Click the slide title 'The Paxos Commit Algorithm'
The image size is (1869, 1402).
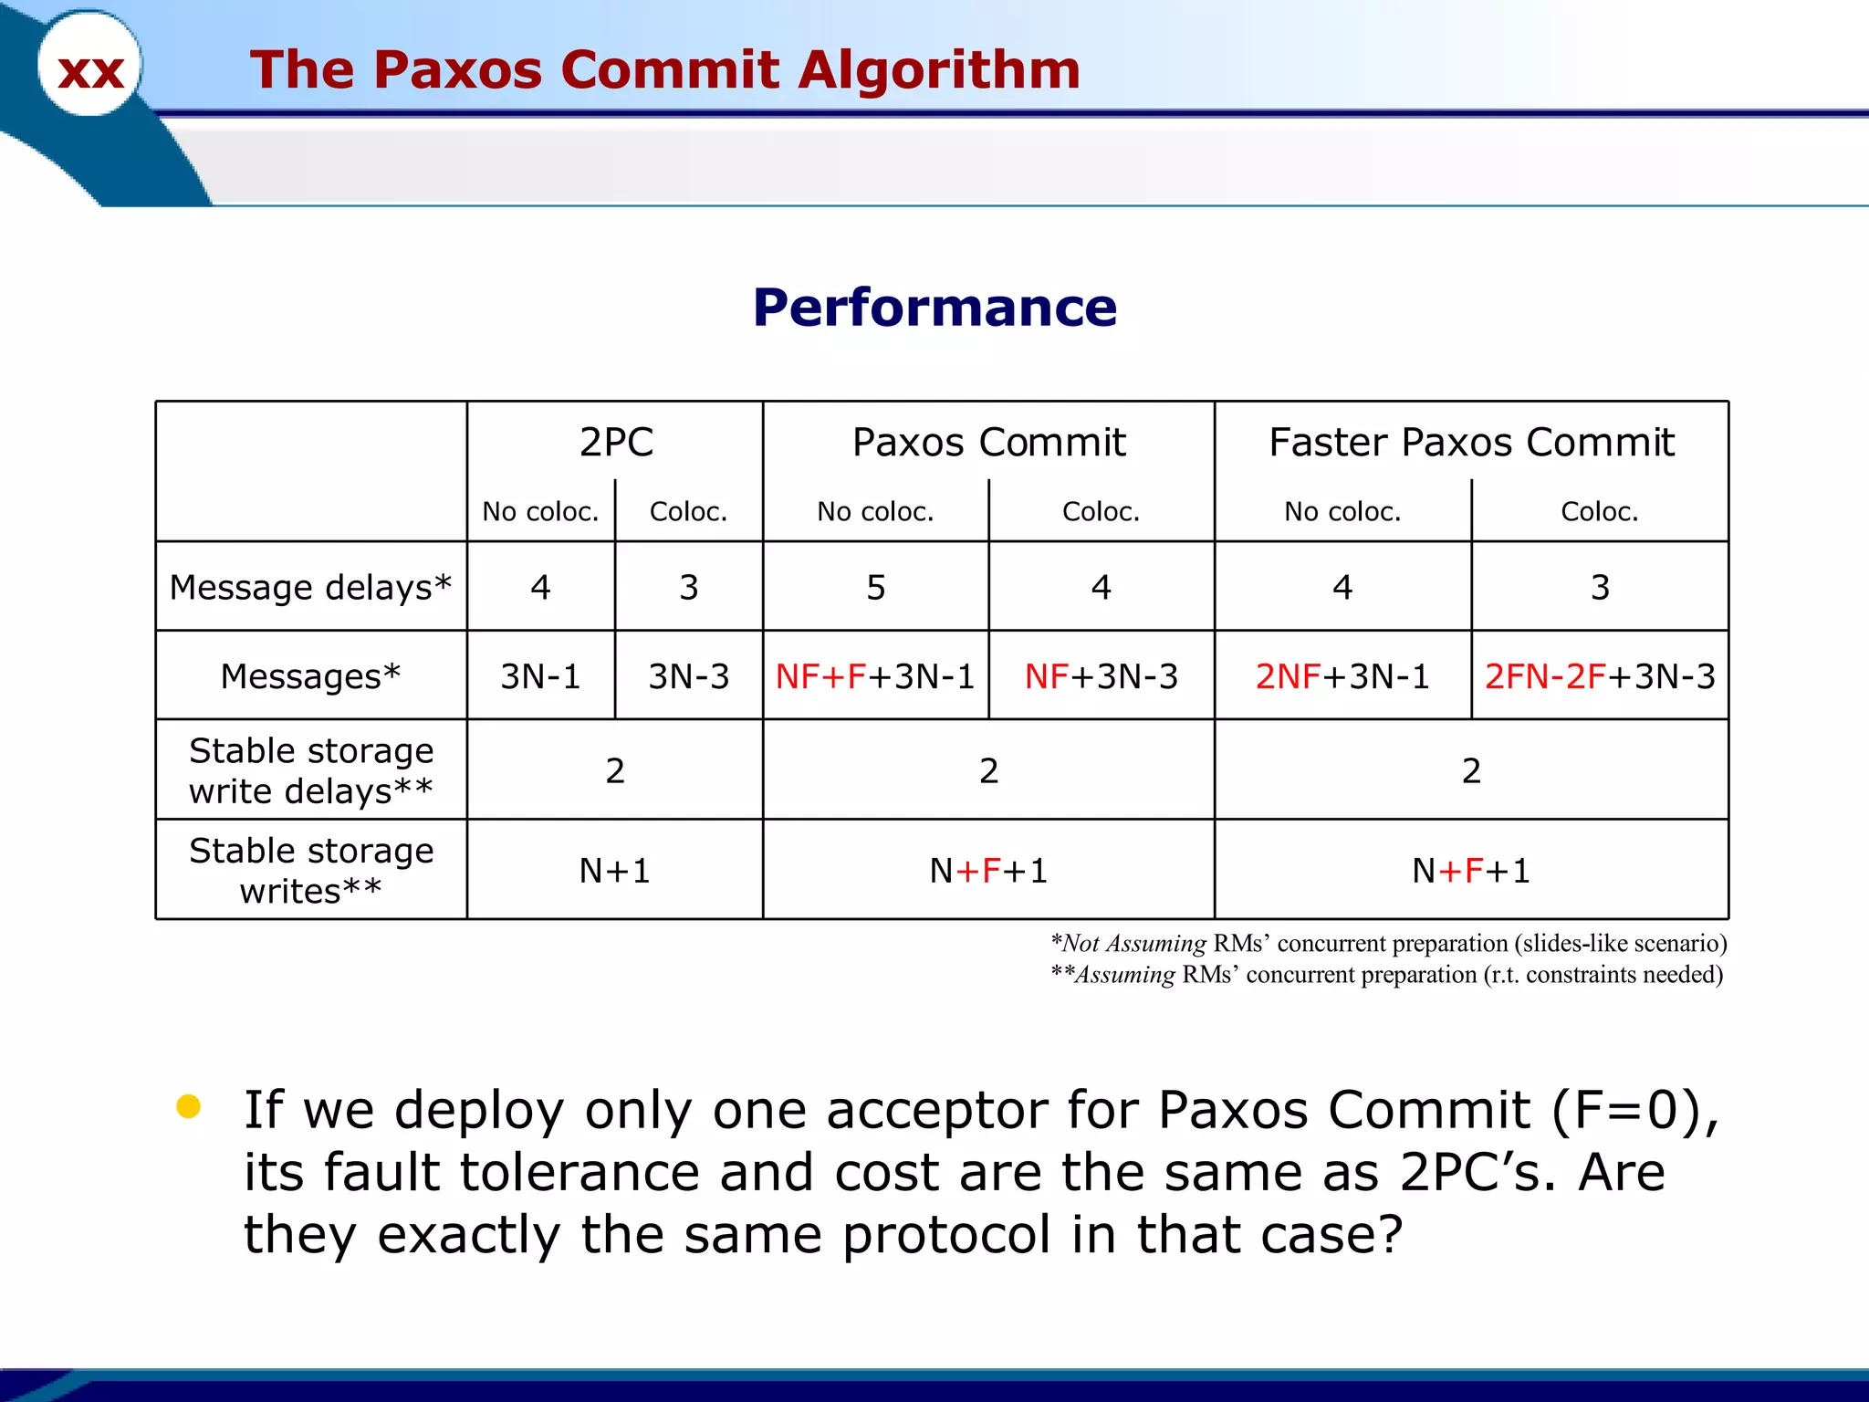point(664,69)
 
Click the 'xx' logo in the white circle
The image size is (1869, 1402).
point(90,71)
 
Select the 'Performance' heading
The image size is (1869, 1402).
point(934,307)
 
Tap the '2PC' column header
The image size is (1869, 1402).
point(616,443)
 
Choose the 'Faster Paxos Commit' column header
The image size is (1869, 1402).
point(1471,443)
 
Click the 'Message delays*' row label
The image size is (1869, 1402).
point(310,587)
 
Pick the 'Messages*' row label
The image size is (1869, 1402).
point(310,676)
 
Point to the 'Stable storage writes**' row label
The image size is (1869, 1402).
point(310,870)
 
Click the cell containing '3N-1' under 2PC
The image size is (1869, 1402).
point(540,676)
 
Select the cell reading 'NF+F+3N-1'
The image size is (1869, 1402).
point(875,676)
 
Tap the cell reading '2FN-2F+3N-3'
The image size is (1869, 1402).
point(1600,676)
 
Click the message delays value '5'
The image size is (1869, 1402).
point(875,587)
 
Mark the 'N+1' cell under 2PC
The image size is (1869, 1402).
point(615,871)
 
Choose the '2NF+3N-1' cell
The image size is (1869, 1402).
point(1342,676)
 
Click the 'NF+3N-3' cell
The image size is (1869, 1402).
point(1102,676)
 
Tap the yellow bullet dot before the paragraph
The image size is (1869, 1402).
point(189,1107)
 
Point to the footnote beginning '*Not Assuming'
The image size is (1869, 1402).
point(1388,943)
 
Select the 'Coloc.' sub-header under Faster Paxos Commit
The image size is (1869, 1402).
point(1600,511)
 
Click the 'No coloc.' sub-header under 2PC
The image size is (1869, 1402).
point(540,511)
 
